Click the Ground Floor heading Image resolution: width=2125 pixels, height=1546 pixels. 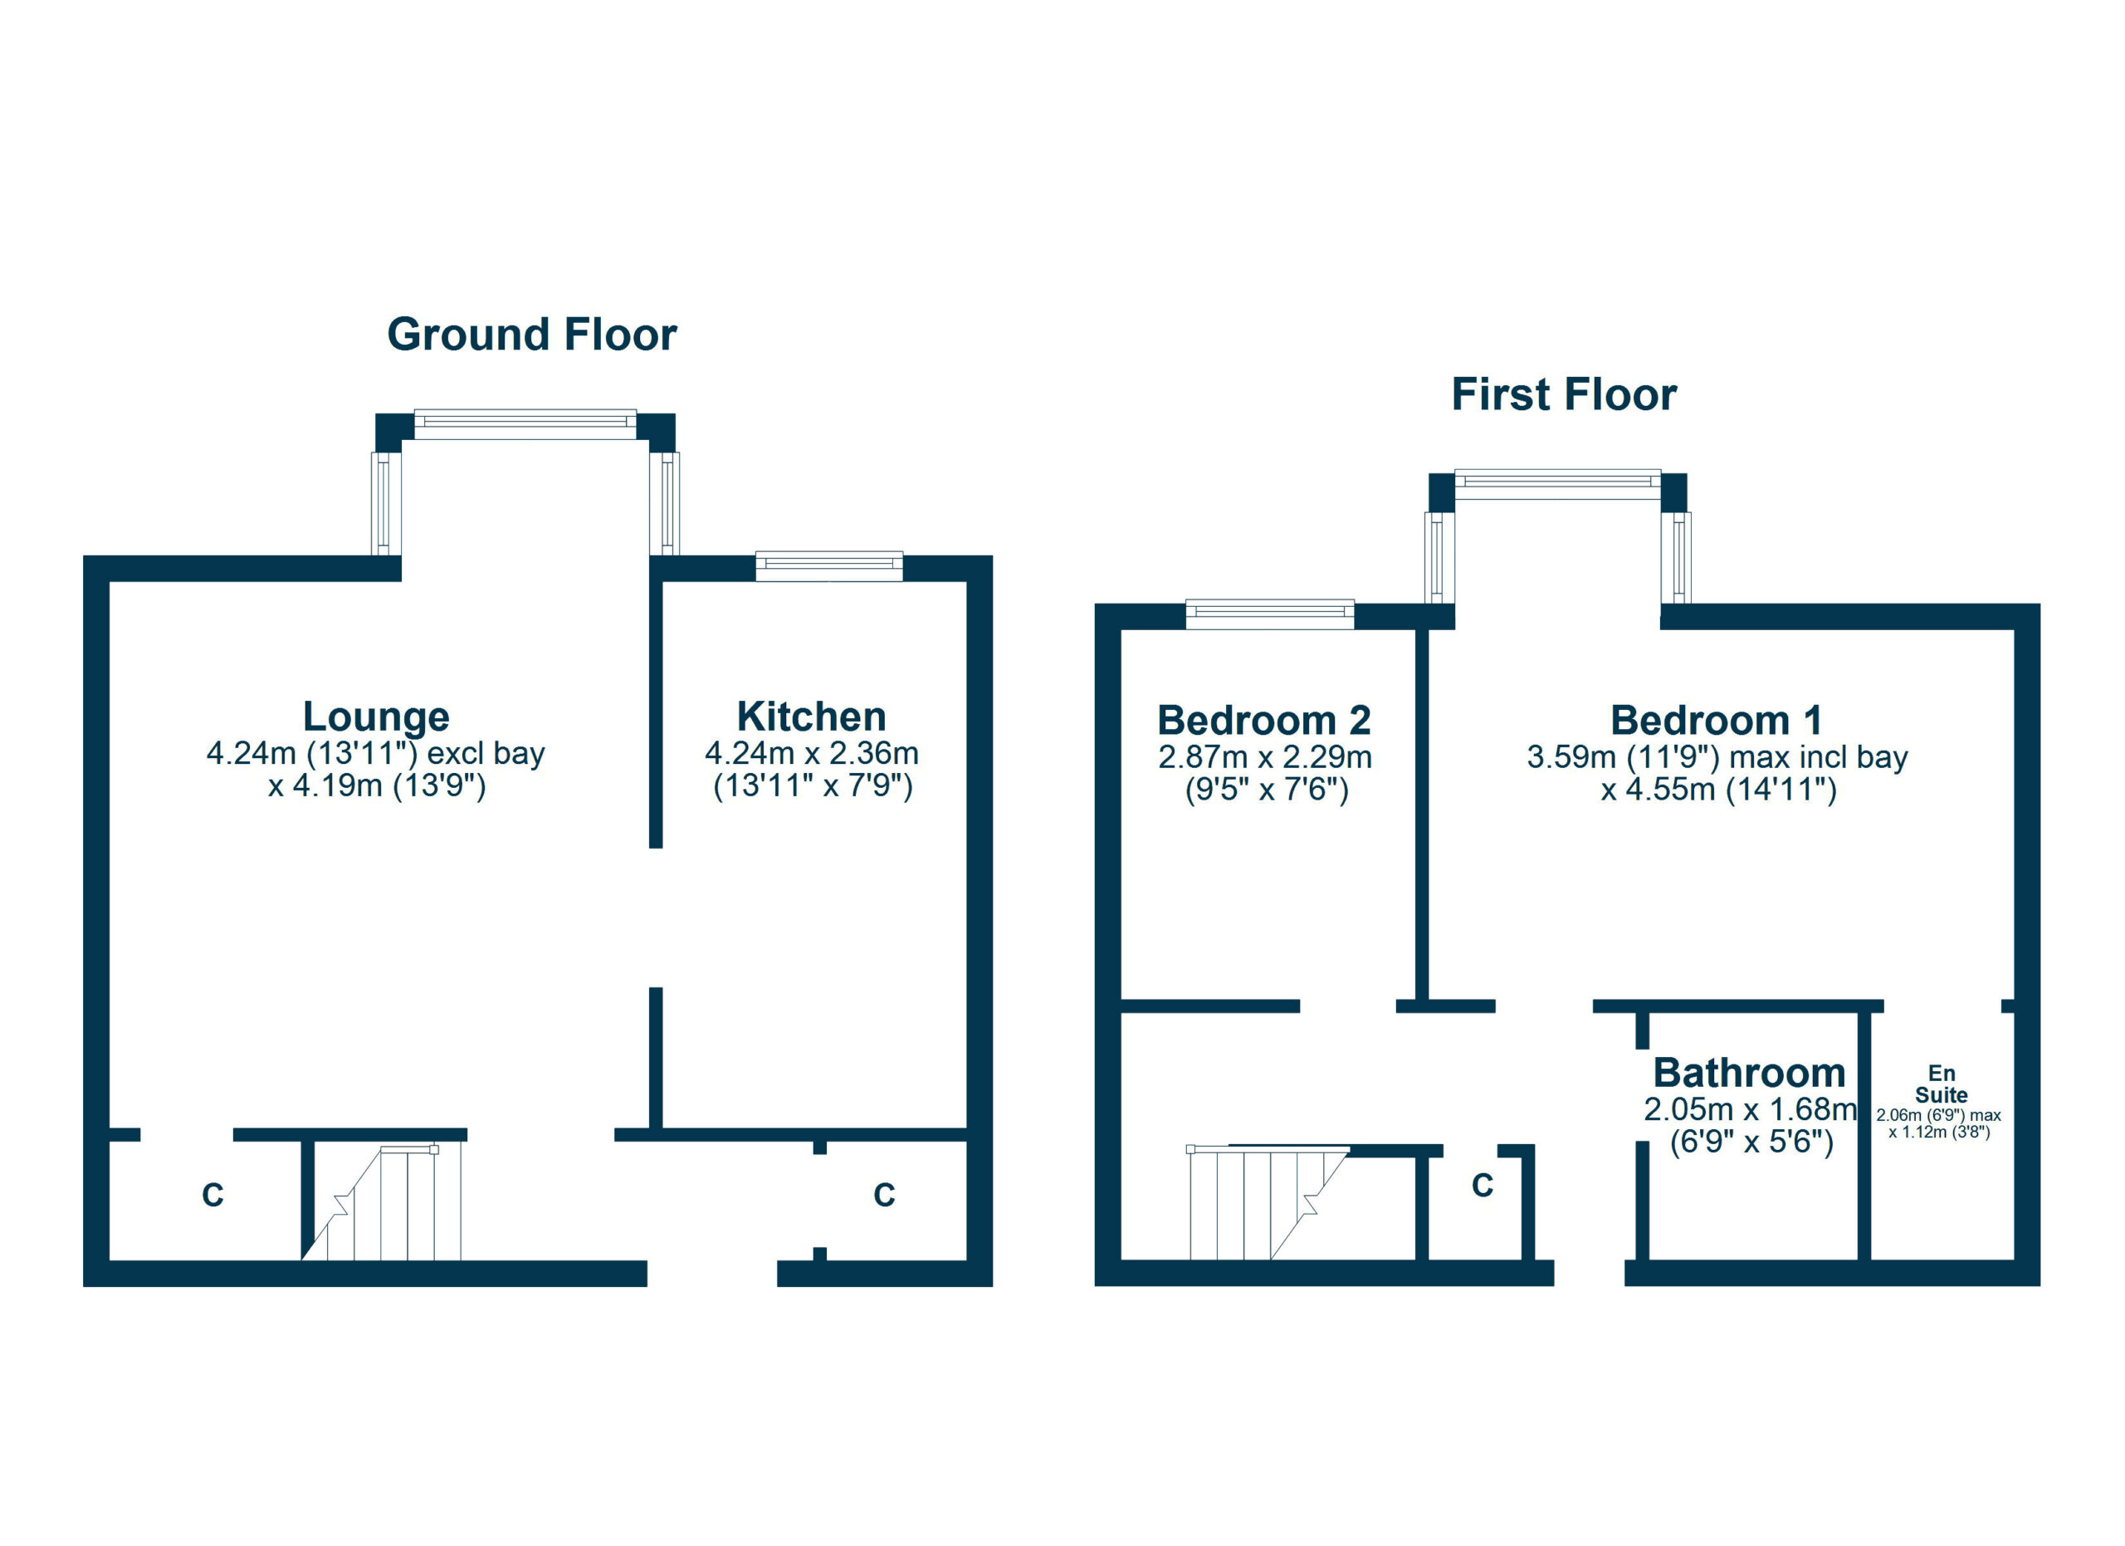click(531, 335)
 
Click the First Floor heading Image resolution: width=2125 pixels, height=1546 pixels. click(1563, 394)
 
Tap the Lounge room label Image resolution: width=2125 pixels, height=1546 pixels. click(376, 717)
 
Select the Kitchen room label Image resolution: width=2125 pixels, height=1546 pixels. click(811, 717)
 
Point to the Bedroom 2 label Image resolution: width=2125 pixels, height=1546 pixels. click(1264, 721)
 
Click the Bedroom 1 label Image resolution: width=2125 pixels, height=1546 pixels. click(1717, 721)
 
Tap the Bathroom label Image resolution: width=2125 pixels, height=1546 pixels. click(1748, 1073)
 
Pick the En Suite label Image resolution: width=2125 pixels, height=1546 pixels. click(1941, 1084)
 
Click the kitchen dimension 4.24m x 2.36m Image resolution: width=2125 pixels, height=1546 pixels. click(811, 753)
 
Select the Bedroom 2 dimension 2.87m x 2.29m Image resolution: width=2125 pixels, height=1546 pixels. click(1264, 757)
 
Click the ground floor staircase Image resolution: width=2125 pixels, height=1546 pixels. click(393, 1204)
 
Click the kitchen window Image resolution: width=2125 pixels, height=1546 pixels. click(829, 567)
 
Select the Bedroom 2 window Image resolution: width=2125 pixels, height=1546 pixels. click(1269, 614)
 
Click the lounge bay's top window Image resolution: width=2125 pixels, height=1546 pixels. click(525, 424)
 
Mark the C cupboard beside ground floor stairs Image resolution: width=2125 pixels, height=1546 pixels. click(212, 1196)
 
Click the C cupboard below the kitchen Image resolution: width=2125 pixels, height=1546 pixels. click(883, 1196)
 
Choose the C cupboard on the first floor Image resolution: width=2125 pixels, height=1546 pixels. click(1482, 1186)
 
